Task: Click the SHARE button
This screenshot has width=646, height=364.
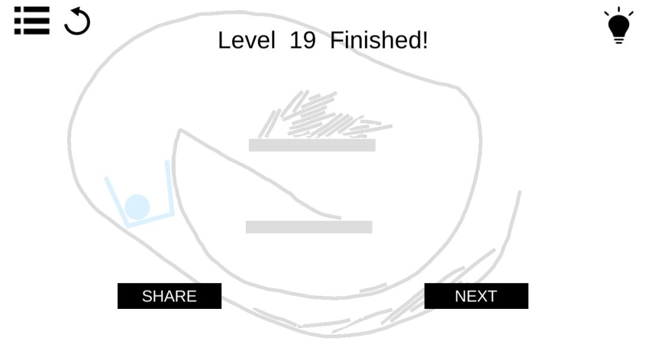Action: (169, 296)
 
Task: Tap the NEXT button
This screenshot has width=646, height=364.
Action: (476, 296)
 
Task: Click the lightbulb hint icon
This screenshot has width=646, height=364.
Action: (619, 26)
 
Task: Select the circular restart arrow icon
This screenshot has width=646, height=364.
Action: (77, 21)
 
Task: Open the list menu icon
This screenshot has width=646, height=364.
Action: (32, 20)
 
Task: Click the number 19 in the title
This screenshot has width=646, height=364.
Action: (303, 40)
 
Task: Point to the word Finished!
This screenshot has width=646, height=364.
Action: (379, 40)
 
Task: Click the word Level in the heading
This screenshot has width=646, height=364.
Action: (246, 40)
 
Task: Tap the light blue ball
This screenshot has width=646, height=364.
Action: (137, 207)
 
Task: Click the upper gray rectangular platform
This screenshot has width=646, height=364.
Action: (312, 145)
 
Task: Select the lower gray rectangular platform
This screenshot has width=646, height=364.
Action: (309, 227)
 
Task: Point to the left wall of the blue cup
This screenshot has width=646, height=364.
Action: (116, 202)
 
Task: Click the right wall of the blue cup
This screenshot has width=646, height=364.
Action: (170, 188)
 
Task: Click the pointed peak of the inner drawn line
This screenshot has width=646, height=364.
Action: (180, 130)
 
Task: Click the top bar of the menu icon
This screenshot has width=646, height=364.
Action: (32, 10)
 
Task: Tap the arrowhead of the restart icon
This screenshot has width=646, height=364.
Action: (77, 11)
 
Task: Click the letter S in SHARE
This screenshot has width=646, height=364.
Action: (147, 296)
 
